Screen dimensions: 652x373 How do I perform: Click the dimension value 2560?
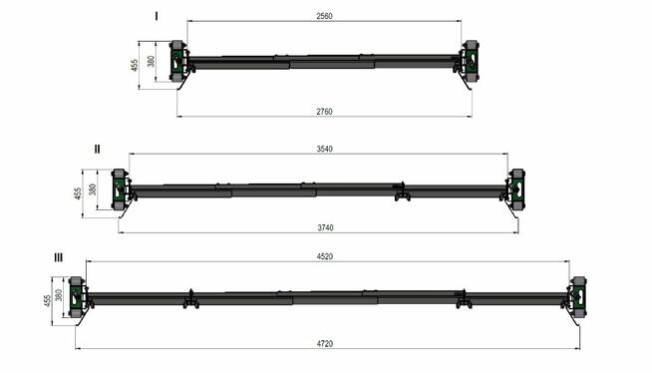[x=324, y=16]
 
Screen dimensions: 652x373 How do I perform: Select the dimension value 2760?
[x=324, y=112]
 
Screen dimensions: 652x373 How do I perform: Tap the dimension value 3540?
[x=324, y=149]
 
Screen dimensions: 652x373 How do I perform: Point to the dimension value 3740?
[x=325, y=227]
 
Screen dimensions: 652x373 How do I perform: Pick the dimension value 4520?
[x=324, y=256]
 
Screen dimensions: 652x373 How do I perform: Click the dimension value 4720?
[x=324, y=344]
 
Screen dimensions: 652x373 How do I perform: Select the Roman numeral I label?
[x=157, y=16]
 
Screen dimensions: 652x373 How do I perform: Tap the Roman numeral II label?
[x=97, y=149]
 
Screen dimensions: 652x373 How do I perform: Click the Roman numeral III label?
[x=59, y=258]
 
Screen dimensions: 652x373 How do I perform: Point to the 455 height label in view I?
[x=135, y=65]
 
